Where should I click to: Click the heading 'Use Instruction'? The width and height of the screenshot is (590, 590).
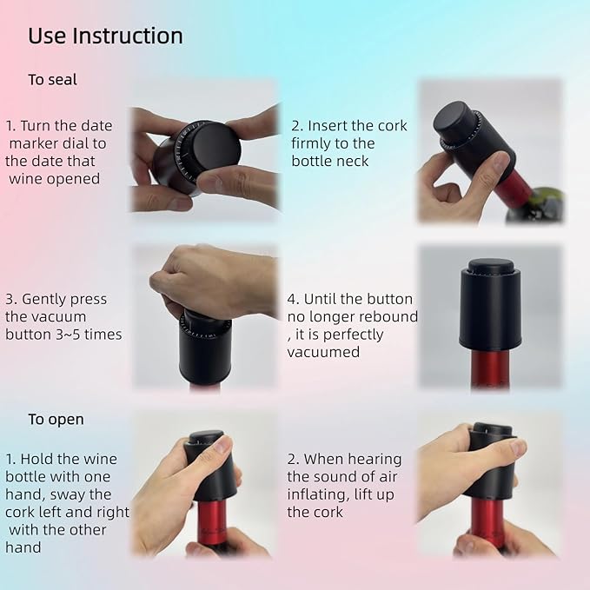point(105,36)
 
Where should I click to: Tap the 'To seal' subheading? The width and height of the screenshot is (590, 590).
point(52,80)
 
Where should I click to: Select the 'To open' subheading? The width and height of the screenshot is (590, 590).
point(56,419)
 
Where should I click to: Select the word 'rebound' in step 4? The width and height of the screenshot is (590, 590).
point(388,316)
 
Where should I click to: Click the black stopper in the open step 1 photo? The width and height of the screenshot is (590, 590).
point(209,469)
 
